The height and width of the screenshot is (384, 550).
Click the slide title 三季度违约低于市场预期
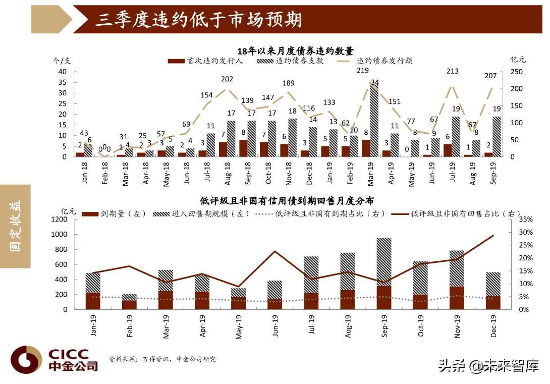tap(199, 20)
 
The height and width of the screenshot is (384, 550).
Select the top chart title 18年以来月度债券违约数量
tap(295, 51)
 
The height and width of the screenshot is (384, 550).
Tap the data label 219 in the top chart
tap(362, 71)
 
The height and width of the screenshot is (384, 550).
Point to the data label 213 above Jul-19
tap(452, 71)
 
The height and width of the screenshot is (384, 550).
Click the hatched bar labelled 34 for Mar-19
tap(374, 119)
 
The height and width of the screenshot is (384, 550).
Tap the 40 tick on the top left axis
tap(63, 72)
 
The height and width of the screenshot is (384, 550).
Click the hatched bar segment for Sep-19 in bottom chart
tap(384, 262)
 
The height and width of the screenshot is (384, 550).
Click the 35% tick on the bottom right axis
tap(525, 220)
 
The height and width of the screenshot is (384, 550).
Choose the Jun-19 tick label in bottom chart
tap(276, 326)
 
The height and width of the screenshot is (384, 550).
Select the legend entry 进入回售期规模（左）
tap(202, 213)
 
